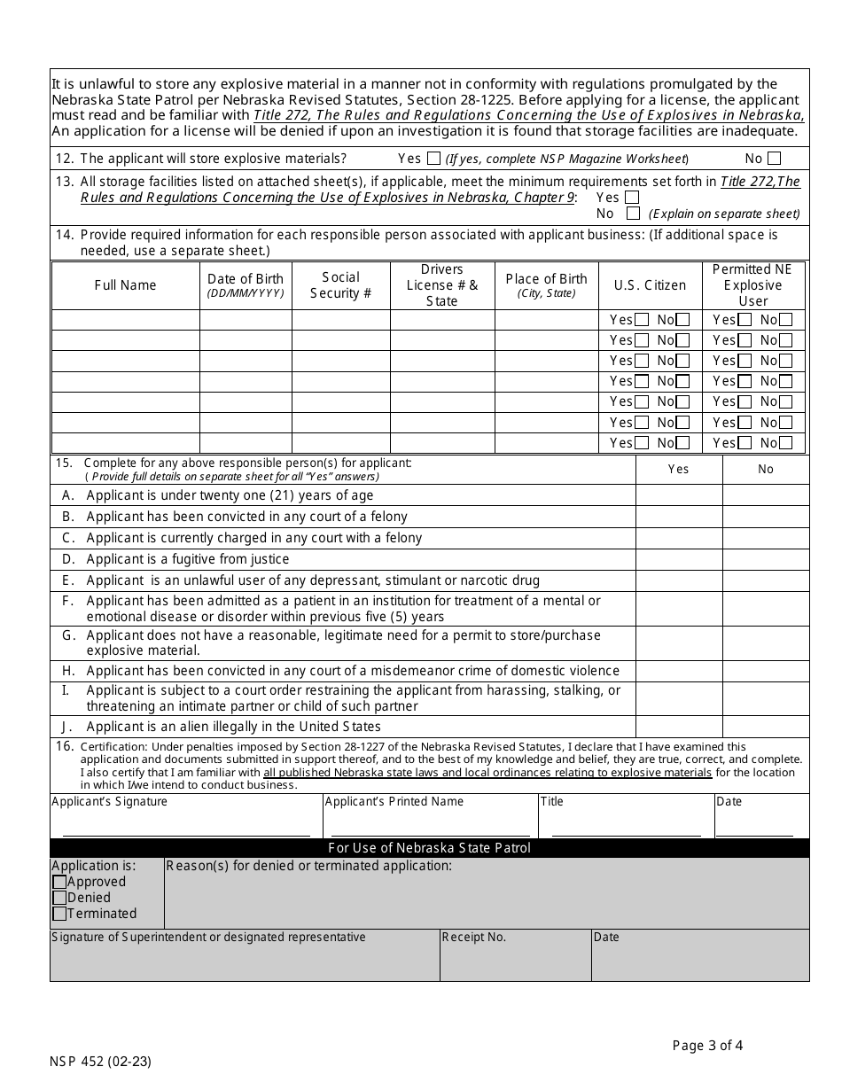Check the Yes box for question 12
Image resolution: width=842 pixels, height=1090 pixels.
pos(433,160)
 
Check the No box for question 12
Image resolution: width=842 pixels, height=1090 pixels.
pos(775,160)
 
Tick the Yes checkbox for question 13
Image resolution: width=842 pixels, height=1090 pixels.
pos(632,198)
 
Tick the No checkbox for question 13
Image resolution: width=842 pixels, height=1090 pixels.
pos(633,214)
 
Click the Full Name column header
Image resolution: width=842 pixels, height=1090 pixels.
pos(125,285)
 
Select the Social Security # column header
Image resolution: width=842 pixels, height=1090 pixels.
pos(341,285)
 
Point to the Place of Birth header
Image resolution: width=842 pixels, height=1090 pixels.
pos(546,284)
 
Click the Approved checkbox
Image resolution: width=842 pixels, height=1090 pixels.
pos(59,882)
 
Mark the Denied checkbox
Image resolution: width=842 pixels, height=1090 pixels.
pos(59,898)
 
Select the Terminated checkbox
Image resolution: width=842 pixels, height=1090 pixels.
pos(59,914)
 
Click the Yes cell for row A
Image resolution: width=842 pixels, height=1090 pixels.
pos(678,495)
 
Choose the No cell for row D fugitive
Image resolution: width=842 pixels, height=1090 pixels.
pos(765,559)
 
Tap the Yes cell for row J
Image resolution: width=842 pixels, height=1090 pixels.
pos(678,727)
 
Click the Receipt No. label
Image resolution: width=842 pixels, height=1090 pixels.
pos(474,938)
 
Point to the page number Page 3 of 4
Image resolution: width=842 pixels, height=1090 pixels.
pos(707,1046)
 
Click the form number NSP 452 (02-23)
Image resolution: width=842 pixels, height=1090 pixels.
pos(106,1060)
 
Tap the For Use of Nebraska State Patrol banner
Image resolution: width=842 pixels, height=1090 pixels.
pos(429,848)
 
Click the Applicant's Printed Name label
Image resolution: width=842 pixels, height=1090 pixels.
pos(394,802)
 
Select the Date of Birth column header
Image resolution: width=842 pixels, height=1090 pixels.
pos(246,284)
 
